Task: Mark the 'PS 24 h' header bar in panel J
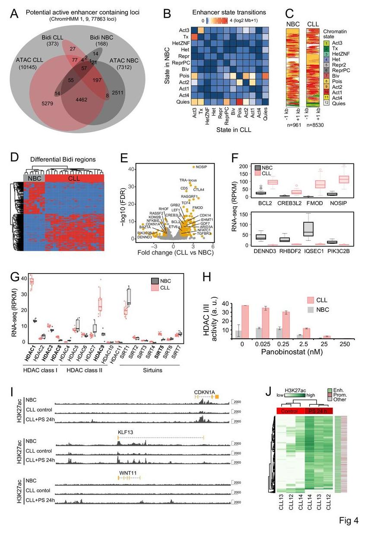tap(319, 410)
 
